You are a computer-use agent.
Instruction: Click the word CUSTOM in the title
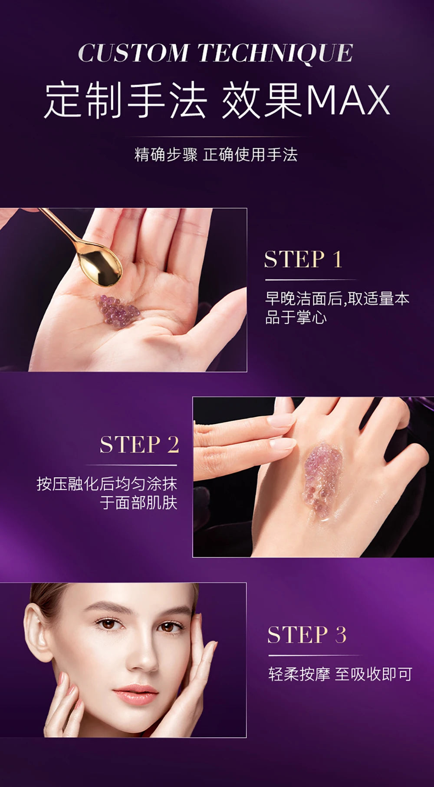pyautogui.click(x=132, y=53)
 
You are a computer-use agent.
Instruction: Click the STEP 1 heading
pyautogui.click(x=303, y=259)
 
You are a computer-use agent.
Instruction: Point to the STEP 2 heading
pyautogui.click(x=139, y=445)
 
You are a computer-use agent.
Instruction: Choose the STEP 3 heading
pyautogui.click(x=307, y=635)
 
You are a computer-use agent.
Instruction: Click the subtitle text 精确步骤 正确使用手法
pyautogui.click(x=216, y=155)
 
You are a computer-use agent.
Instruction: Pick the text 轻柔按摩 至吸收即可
pyautogui.click(x=340, y=674)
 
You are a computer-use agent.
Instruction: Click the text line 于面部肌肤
pyautogui.click(x=138, y=503)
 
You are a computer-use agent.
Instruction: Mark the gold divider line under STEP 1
pyautogui.click(x=310, y=280)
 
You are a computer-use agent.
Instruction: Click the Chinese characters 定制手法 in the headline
pyautogui.click(x=126, y=101)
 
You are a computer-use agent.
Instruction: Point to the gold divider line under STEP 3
pyautogui.click(x=314, y=655)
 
